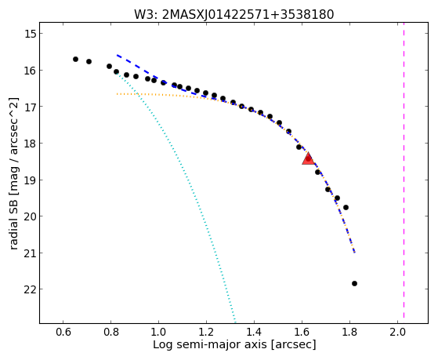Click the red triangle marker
[x=308, y=158]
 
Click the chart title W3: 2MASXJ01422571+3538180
[x=233, y=15]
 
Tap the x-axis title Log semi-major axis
[x=209, y=344]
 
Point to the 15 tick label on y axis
[x=30, y=34]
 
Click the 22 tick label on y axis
[x=30, y=289]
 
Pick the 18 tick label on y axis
[x=30, y=144]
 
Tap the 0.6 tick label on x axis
[x=63, y=332]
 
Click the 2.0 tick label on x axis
[x=397, y=332]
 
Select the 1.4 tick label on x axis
[x=254, y=332]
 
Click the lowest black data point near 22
[x=354, y=283]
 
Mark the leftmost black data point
[x=75, y=59]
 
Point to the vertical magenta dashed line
[x=404, y=173]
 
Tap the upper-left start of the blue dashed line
[x=117, y=55]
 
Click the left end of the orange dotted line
[x=117, y=94]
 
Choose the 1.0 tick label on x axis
[x=158, y=332]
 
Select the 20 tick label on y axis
[x=30, y=216]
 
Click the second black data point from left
[x=89, y=61]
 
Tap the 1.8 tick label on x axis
[x=349, y=332]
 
